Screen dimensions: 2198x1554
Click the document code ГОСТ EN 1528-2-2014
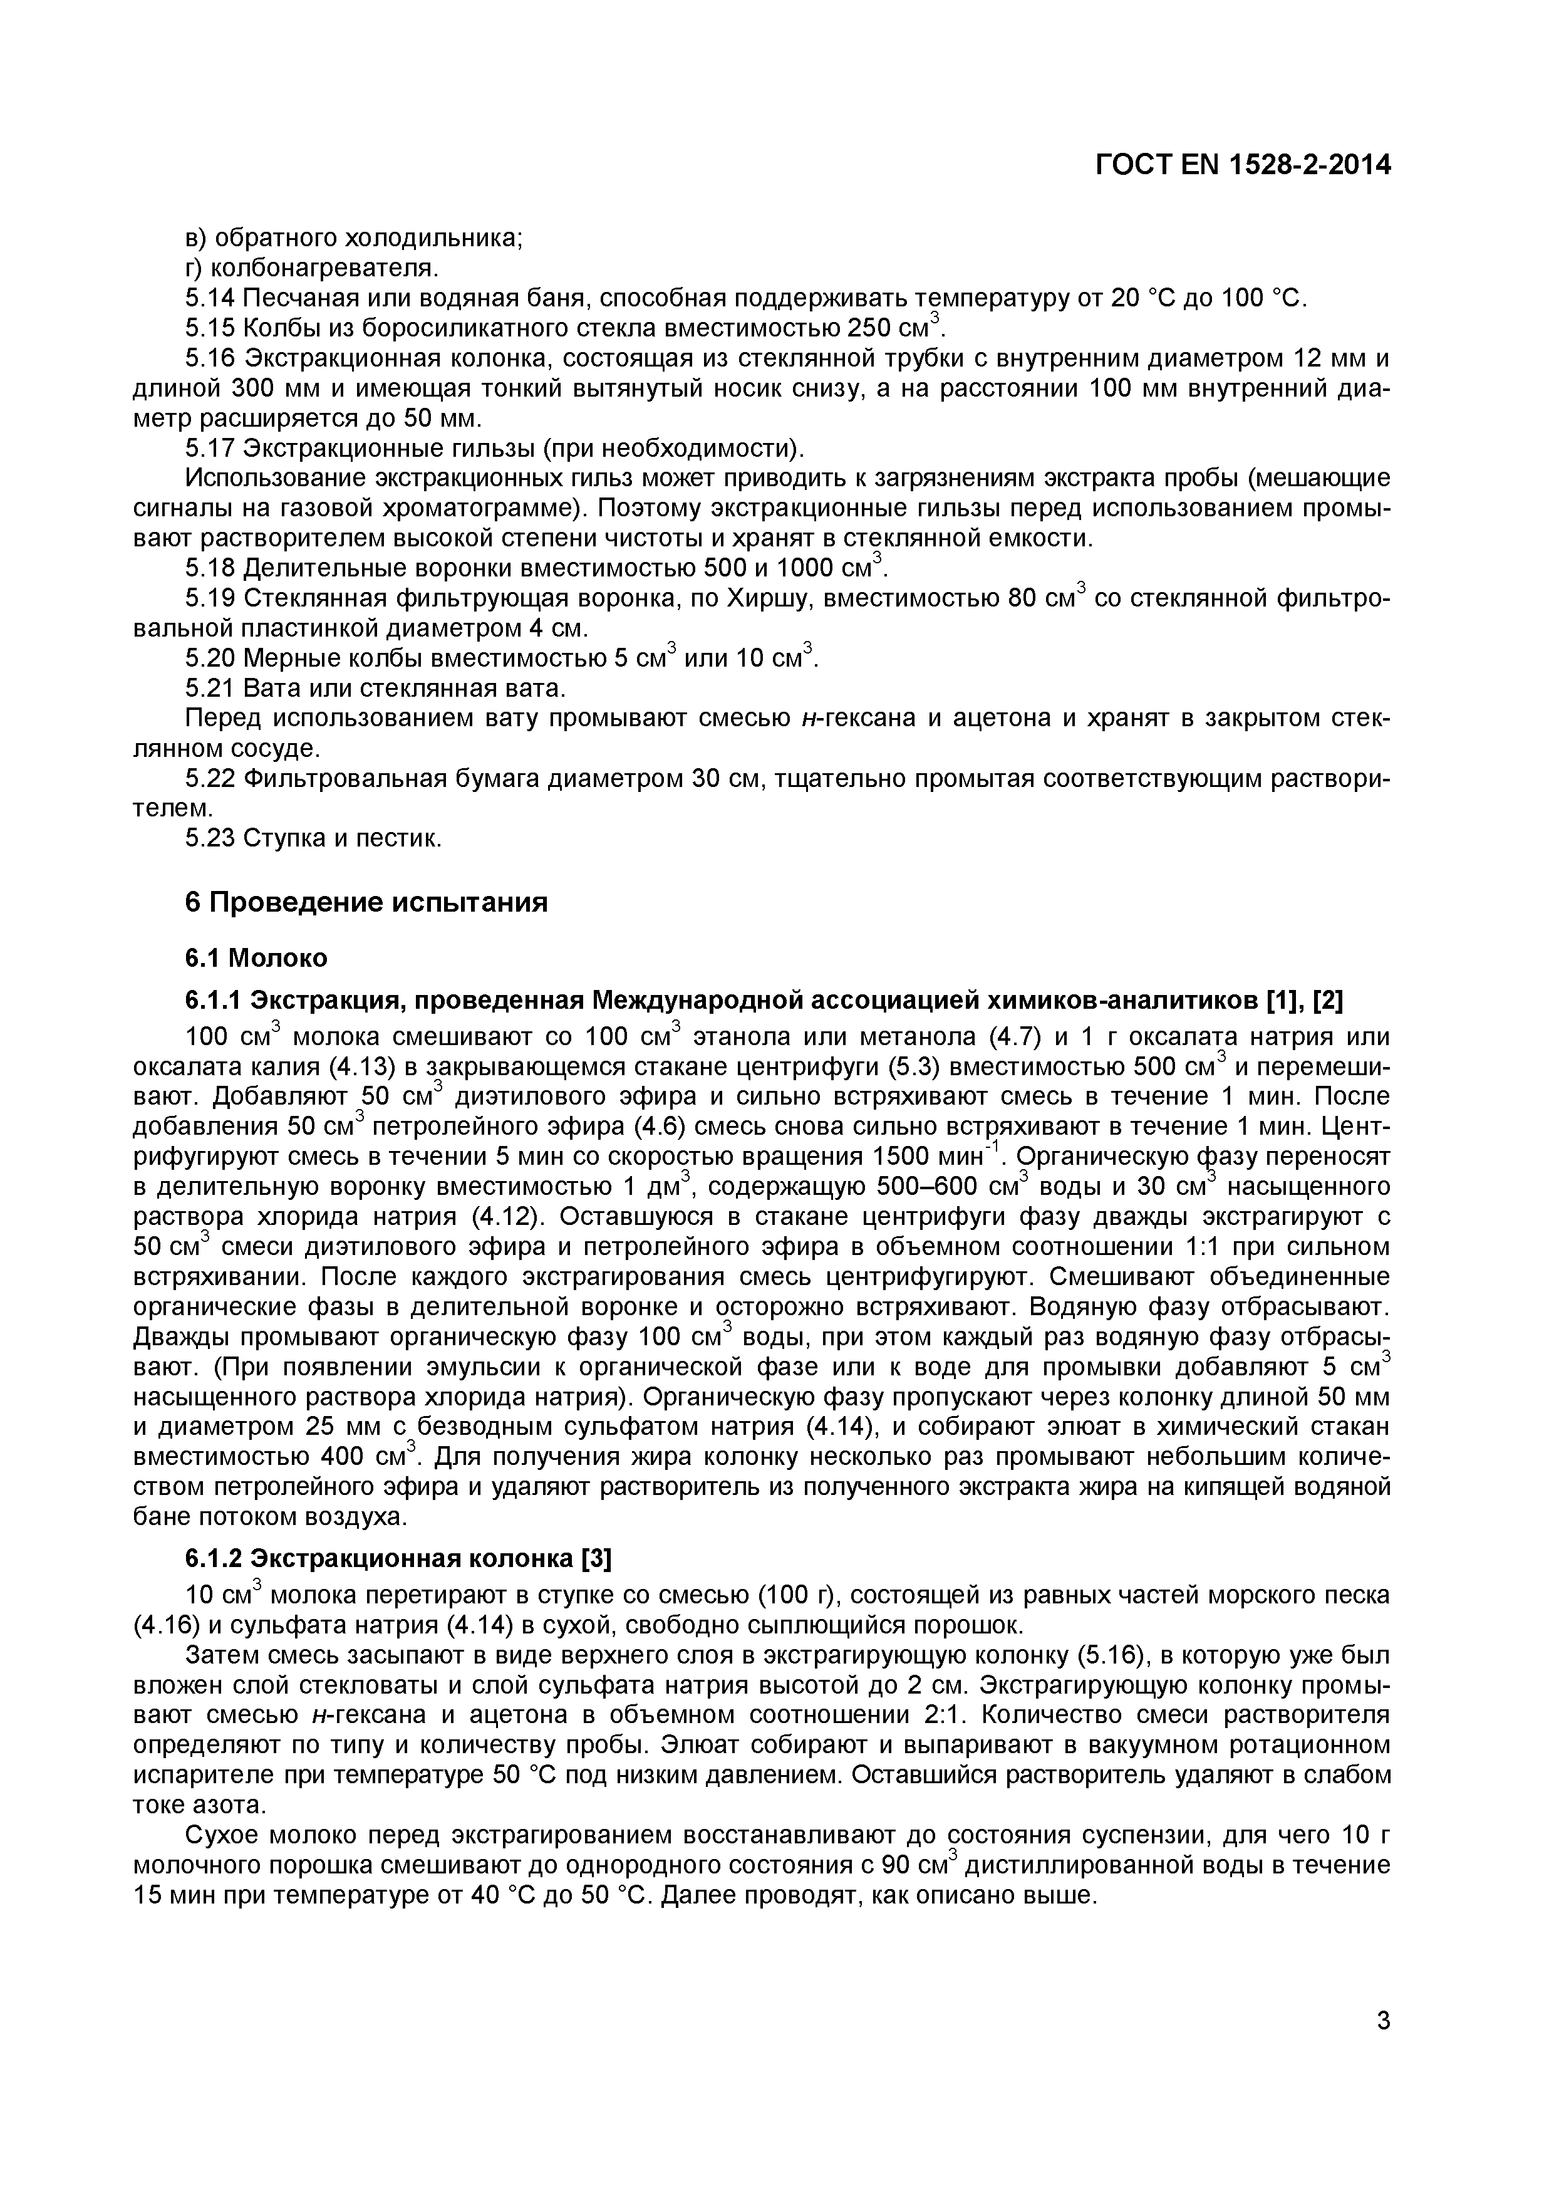click(1242, 165)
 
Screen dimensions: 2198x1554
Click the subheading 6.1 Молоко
click(256, 957)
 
